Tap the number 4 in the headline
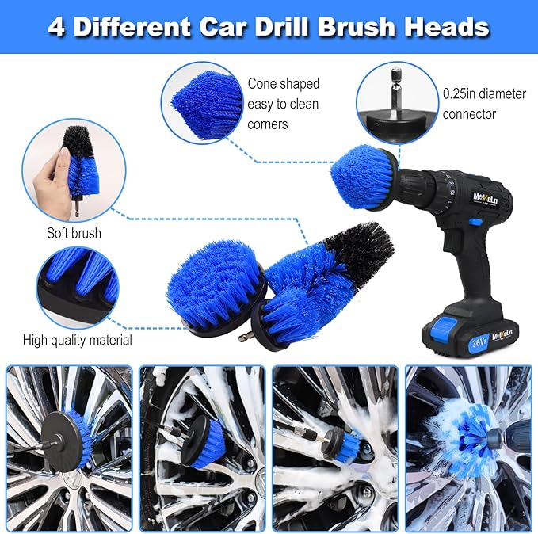click(56, 27)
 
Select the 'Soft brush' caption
click(74, 234)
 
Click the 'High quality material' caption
click(78, 341)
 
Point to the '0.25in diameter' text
click(484, 94)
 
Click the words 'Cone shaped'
click(284, 84)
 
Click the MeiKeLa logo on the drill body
click(485, 198)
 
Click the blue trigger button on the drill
click(475, 222)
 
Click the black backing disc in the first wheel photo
click(63, 441)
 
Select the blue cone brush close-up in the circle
click(207, 105)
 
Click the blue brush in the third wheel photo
click(346, 445)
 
